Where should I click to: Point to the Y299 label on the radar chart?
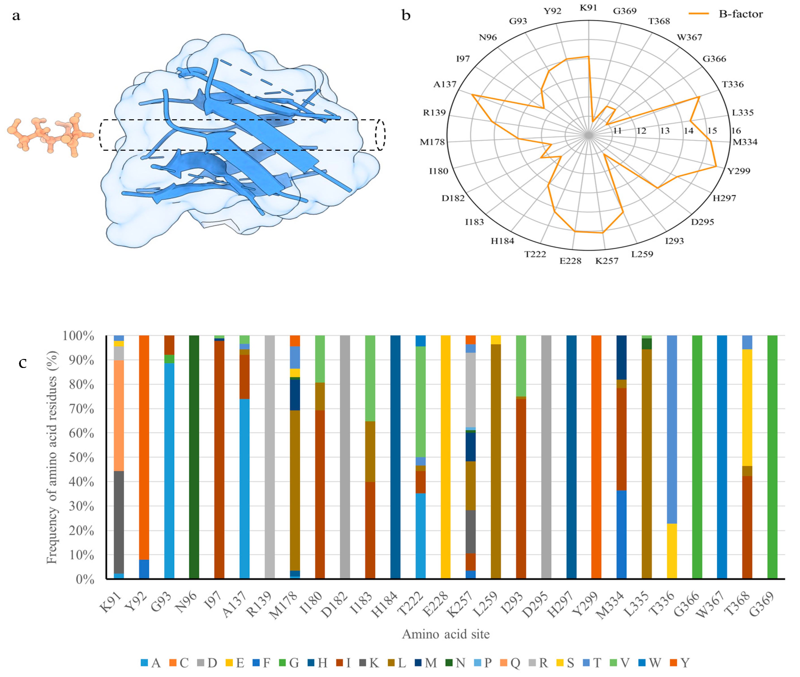(x=739, y=171)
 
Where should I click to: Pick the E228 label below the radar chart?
(x=570, y=261)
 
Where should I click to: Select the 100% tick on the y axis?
(x=78, y=336)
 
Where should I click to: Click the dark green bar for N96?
(x=194, y=457)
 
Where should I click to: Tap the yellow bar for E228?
(x=446, y=457)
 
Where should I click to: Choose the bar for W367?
(x=722, y=457)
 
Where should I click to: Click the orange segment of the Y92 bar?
(x=144, y=445)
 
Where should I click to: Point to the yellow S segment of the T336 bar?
(x=672, y=551)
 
